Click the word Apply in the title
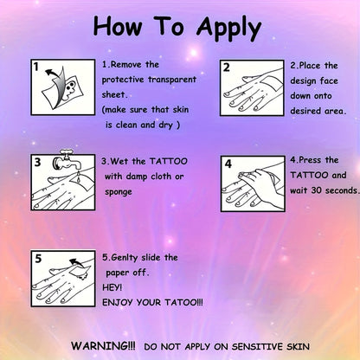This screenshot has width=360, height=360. pyautogui.click(x=229, y=28)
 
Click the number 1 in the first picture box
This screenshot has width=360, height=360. pyautogui.click(x=35, y=67)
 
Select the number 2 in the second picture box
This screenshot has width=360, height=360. pyautogui.click(x=227, y=67)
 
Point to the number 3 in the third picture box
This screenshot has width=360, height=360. pyautogui.click(x=37, y=162)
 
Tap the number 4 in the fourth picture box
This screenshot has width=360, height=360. pyautogui.click(x=228, y=164)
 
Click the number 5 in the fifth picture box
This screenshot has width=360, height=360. pyautogui.click(x=38, y=259)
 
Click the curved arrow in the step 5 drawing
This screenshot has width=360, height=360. pyautogui.click(x=76, y=262)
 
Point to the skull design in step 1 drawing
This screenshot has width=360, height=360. pyautogui.click(x=69, y=87)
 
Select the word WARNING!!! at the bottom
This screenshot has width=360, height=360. pyautogui.click(x=103, y=345)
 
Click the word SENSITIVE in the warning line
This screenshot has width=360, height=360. pyautogui.click(x=257, y=346)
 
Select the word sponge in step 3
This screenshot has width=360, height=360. pyautogui.click(x=119, y=192)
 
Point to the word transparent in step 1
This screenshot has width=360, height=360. pyautogui.click(x=172, y=80)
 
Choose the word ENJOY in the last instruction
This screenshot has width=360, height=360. pyautogui.click(x=118, y=303)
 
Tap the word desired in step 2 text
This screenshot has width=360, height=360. pyautogui.click(x=305, y=111)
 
